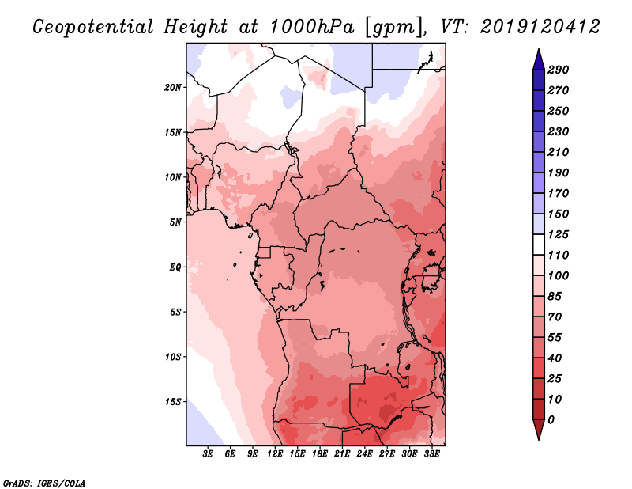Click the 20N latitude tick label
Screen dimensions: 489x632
[174, 87]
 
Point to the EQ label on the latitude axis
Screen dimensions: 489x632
[175, 267]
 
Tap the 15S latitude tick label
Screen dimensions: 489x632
[174, 401]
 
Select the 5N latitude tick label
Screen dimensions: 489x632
[175, 222]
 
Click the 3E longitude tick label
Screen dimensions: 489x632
[209, 454]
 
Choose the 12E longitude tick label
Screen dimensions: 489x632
[276, 454]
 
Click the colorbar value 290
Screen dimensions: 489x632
[559, 70]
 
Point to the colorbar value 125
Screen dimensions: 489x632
[559, 234]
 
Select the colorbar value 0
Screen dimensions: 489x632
[551, 419]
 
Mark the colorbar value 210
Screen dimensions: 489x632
[559, 152]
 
